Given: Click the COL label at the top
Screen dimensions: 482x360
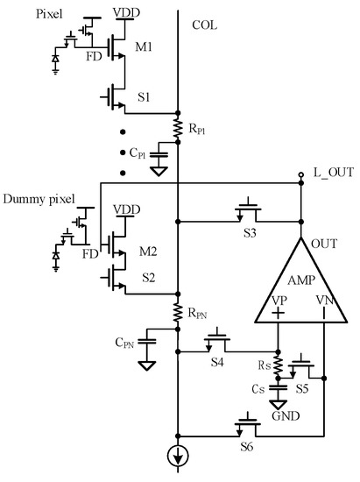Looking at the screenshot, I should click(x=204, y=24).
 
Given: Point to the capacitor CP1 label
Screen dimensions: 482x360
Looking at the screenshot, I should click(x=138, y=152).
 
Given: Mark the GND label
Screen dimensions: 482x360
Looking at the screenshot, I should click(x=279, y=418).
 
